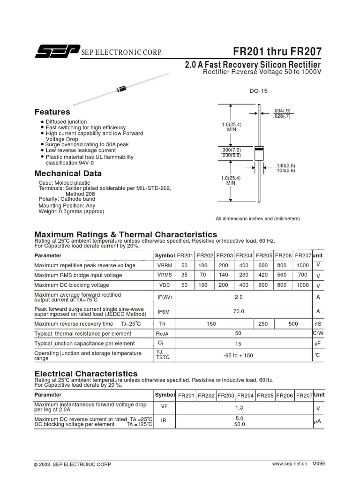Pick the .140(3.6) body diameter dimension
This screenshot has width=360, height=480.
[285, 165]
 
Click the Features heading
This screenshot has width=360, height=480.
[52, 112]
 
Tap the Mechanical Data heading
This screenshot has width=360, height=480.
[68, 173]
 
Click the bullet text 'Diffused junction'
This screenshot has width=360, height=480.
[66, 122]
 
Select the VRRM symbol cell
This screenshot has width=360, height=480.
[165, 265]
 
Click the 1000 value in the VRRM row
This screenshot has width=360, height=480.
[303, 265]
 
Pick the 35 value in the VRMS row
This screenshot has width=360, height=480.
[184, 275]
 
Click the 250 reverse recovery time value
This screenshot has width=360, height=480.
[263, 324]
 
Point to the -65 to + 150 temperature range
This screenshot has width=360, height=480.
[238, 356]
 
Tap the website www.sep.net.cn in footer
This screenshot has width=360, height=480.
[289, 464]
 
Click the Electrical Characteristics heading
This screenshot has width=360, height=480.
[86, 374]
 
